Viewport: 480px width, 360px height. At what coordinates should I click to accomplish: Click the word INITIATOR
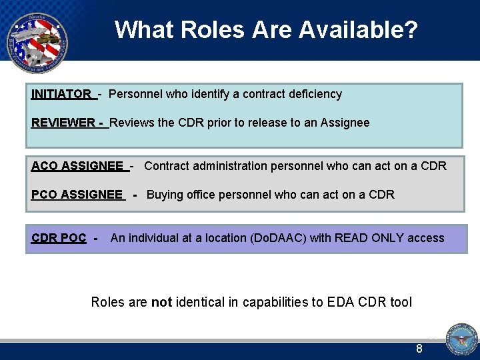click(x=61, y=94)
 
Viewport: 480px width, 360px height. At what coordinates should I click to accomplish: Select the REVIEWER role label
click(x=63, y=123)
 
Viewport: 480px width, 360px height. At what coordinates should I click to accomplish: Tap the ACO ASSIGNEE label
click(x=77, y=166)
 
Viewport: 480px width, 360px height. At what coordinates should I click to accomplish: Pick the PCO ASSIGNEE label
click(x=77, y=195)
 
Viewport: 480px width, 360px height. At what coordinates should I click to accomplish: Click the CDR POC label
click(x=59, y=238)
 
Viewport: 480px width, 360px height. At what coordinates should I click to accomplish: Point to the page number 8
click(x=419, y=348)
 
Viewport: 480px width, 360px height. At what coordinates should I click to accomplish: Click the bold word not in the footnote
click(x=161, y=302)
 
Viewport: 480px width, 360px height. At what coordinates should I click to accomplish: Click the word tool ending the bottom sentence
click(x=401, y=302)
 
